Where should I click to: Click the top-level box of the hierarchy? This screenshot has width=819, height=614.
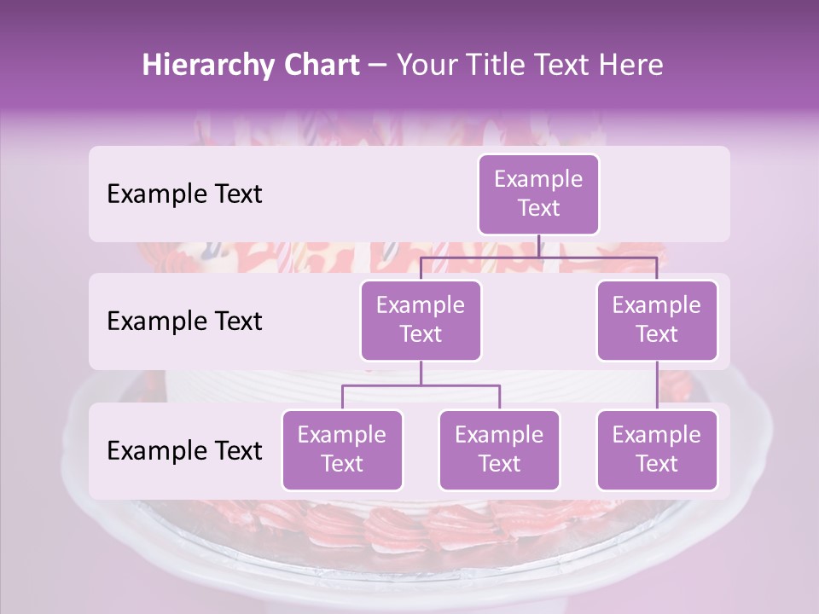538,194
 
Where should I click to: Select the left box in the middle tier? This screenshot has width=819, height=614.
421,321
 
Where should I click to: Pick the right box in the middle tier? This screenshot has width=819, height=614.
657,321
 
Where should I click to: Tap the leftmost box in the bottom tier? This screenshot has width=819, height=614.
342,450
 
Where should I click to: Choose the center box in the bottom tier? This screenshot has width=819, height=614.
499,450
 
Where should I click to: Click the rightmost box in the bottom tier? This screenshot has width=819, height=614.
657,450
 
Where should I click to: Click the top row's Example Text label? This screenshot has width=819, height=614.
184,194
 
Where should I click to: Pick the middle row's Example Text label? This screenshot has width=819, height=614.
184,321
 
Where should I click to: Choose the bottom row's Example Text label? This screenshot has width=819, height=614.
184,450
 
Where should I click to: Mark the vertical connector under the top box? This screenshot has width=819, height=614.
538,246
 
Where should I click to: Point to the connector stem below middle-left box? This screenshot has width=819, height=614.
421,374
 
